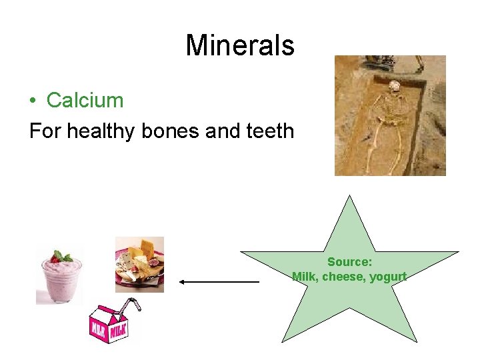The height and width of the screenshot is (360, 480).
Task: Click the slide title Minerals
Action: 239,45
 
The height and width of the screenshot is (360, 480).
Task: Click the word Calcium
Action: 85,101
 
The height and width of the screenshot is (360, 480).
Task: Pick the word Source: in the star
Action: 349,263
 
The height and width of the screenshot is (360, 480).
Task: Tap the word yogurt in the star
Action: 388,277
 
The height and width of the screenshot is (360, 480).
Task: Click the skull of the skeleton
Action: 395,86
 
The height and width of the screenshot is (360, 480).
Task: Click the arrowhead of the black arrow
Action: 183,282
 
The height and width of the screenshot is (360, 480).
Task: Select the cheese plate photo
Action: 139,265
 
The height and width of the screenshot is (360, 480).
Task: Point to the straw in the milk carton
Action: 134,305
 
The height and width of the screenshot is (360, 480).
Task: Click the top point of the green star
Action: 349,197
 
